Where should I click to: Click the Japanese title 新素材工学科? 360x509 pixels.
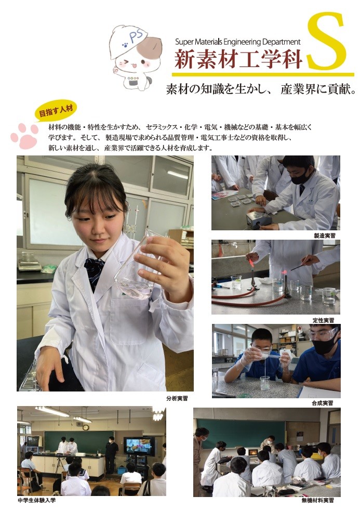(x=239, y=59)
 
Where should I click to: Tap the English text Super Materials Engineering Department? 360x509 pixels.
(x=238, y=42)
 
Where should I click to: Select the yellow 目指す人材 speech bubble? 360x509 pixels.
(x=55, y=111)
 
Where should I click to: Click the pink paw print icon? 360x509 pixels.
(x=24, y=135)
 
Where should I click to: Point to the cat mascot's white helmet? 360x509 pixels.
(x=129, y=39)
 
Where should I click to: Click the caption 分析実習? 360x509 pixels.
(x=177, y=398)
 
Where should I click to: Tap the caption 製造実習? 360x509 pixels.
(x=325, y=236)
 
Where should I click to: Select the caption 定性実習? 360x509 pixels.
(x=323, y=320)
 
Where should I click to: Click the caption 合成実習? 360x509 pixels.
(x=323, y=403)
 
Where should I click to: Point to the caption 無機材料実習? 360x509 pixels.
(x=317, y=500)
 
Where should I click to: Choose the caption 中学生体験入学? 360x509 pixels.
(x=37, y=500)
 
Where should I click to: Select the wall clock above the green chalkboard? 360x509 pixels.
(x=85, y=427)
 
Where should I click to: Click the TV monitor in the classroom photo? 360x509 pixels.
(x=139, y=446)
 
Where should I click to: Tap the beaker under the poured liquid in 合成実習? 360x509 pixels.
(x=265, y=383)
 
